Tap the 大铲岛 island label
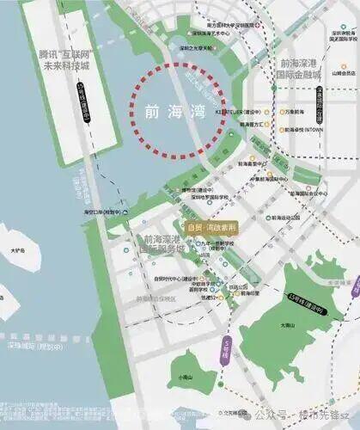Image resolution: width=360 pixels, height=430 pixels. [17, 251]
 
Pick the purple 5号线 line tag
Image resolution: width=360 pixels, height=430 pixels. [226, 346]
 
